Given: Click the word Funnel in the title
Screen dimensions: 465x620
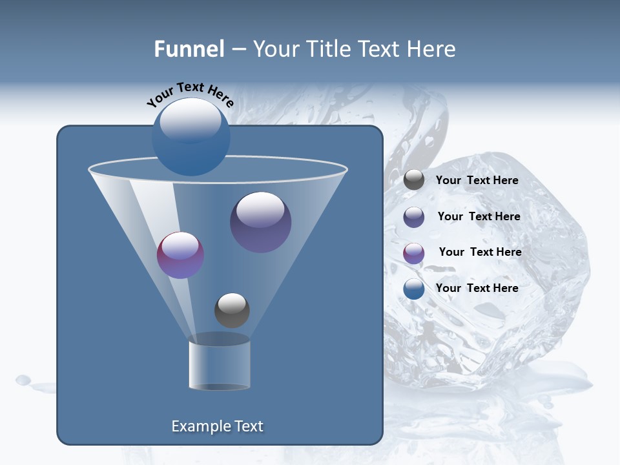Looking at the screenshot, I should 189,49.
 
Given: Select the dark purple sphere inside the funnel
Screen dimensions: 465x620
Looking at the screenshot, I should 261,222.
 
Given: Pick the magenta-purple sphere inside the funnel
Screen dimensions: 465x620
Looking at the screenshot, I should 181,255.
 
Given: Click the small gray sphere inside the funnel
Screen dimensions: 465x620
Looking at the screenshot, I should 232,310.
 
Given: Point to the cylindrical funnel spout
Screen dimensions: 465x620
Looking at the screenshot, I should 219,366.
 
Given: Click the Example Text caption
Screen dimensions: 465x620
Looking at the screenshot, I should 218,426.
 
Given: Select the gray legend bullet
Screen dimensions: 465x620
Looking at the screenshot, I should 414,180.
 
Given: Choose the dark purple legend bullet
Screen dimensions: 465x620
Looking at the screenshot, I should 414,217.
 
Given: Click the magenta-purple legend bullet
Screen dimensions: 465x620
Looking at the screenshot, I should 414,253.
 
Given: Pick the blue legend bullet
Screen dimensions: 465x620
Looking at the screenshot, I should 414,289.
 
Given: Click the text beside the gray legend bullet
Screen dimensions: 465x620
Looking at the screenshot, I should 477,180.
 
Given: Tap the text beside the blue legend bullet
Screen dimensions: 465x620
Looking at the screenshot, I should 477,288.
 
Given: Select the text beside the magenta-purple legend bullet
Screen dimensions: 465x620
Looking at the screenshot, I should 480,252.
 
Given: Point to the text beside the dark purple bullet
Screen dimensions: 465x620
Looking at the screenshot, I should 479,216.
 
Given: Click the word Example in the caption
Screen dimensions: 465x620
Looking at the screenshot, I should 198,426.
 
